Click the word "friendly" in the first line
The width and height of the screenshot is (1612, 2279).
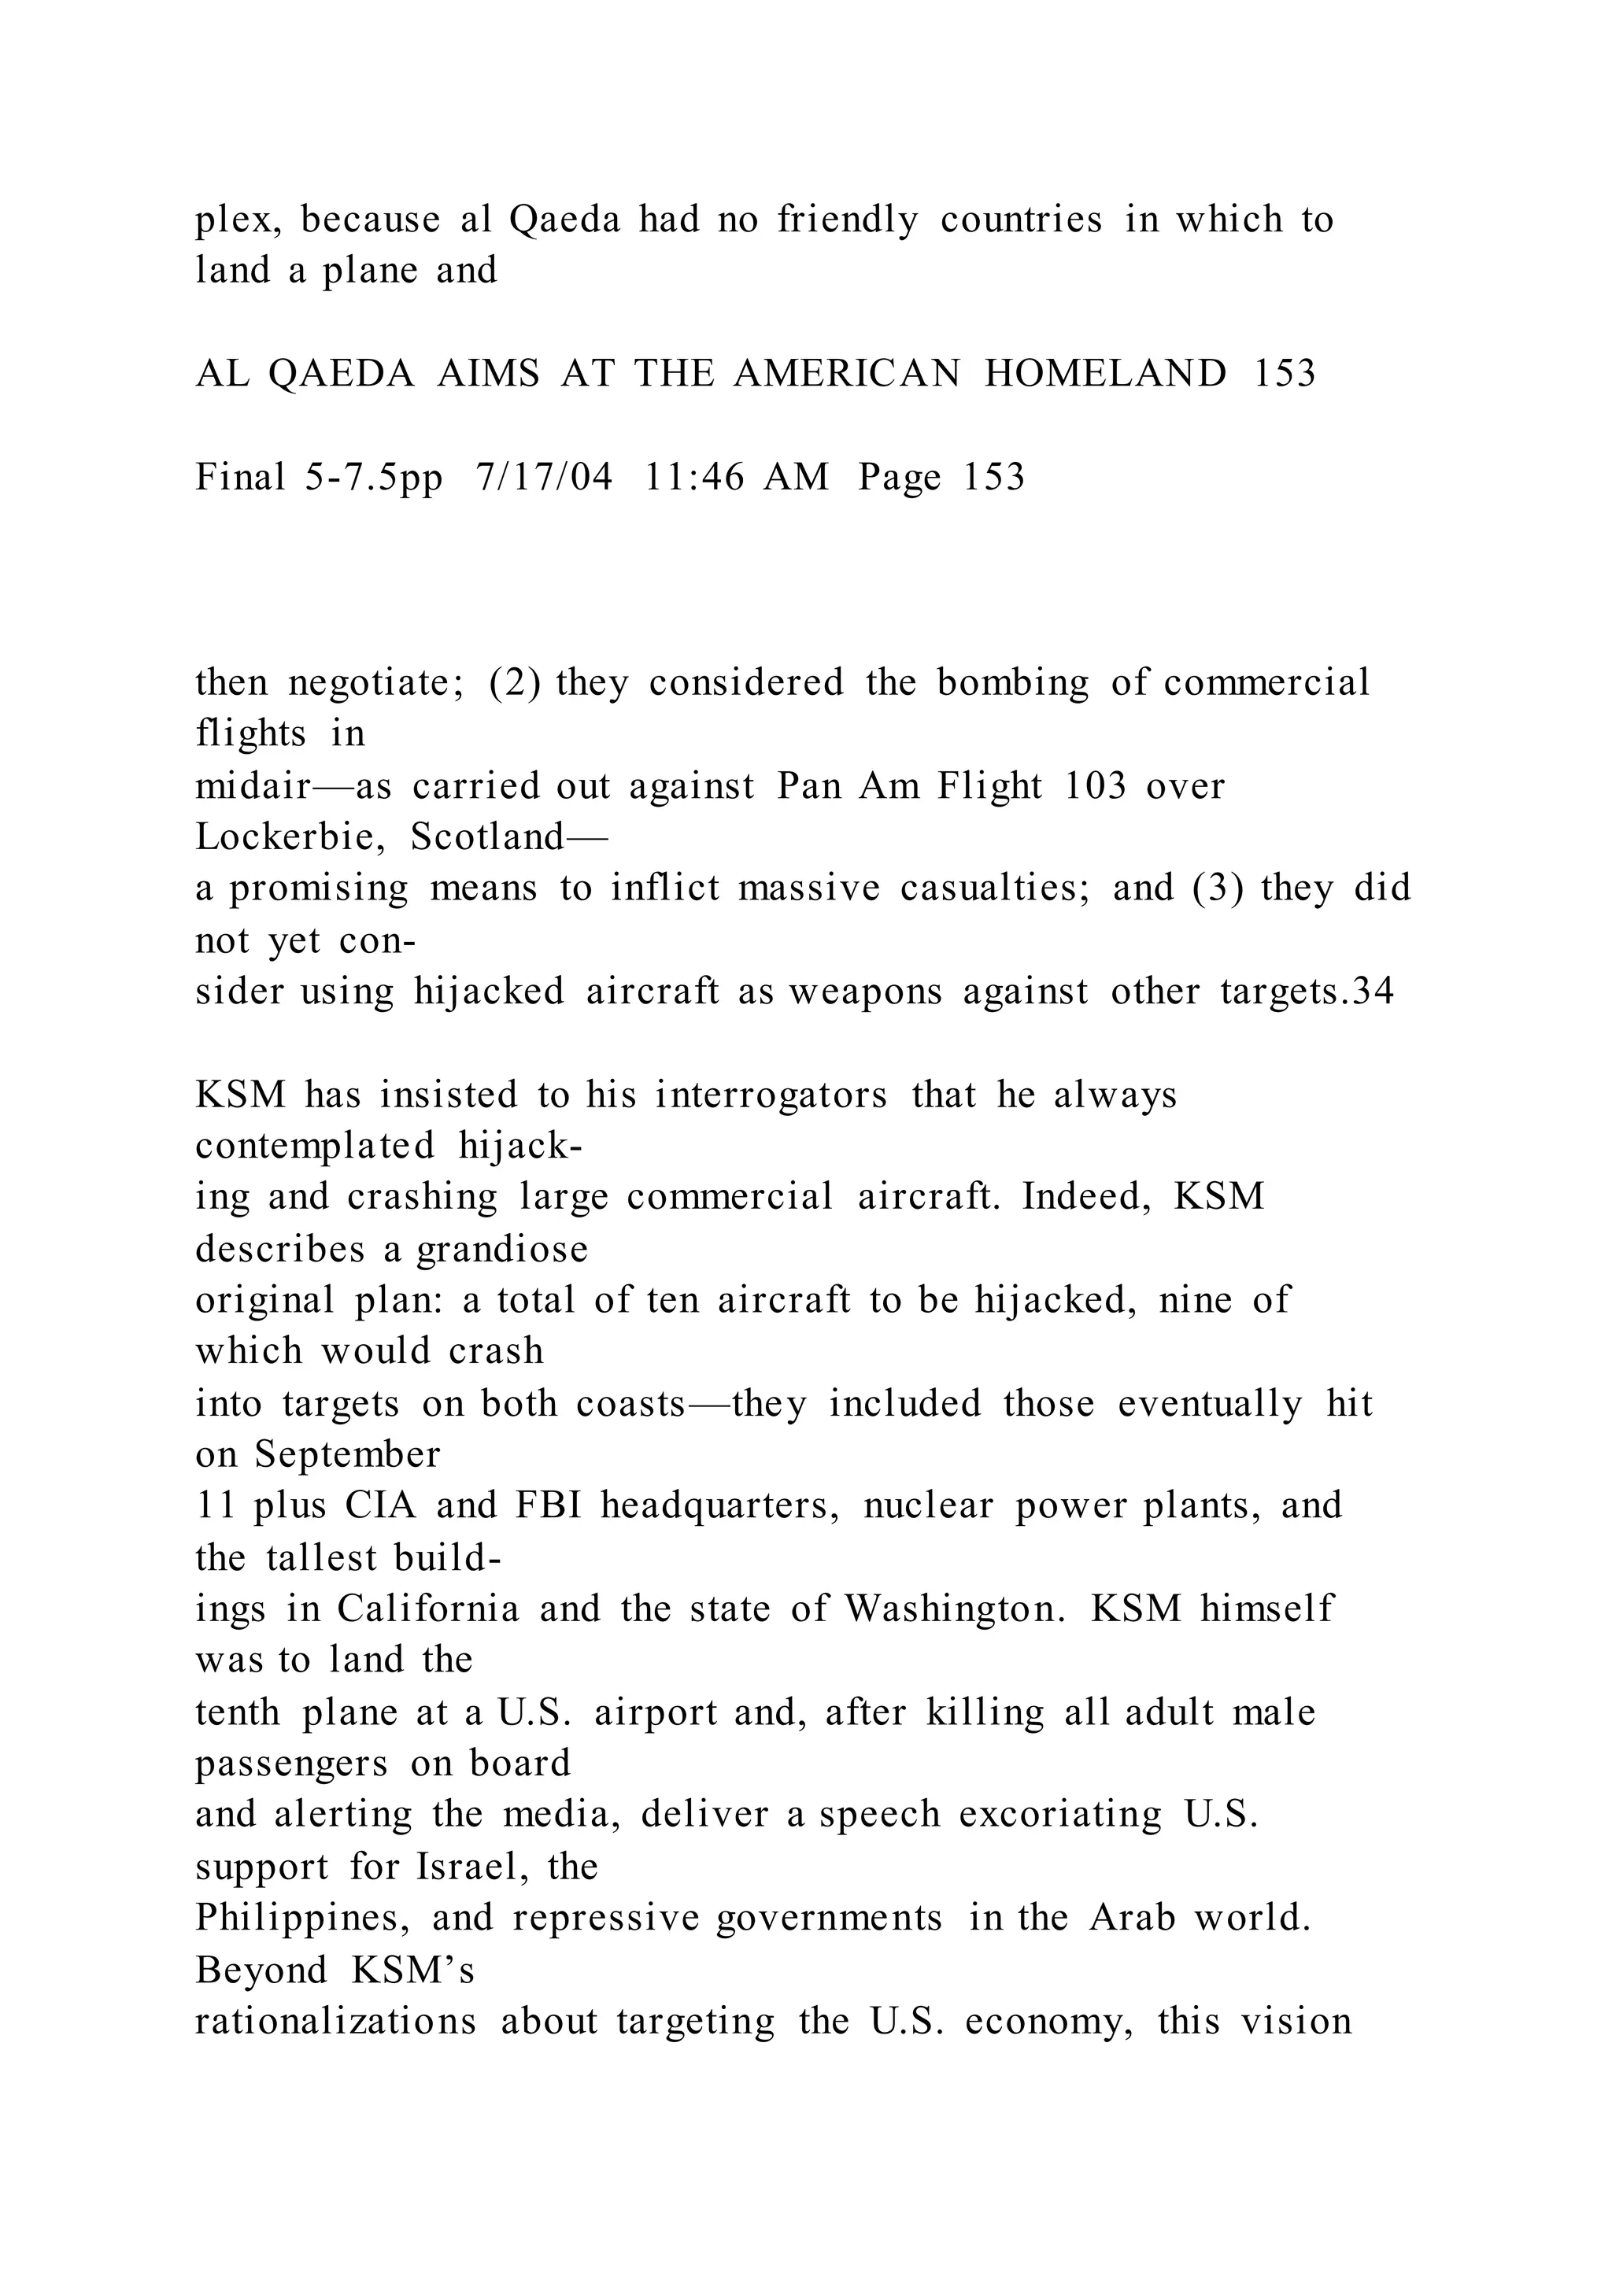point(848,220)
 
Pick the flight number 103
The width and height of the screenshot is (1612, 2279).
point(1095,786)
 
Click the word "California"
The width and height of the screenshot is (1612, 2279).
point(428,1609)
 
